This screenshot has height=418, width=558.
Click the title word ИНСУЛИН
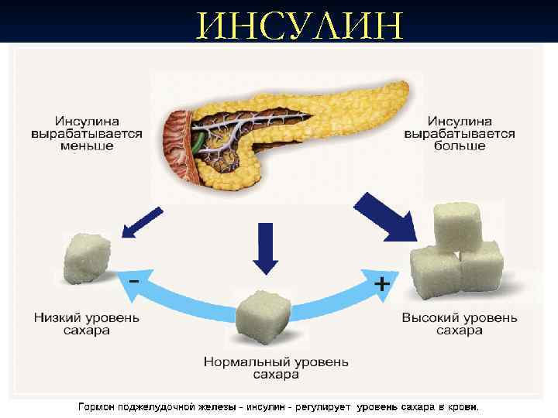301,25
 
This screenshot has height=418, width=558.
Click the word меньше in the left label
87,146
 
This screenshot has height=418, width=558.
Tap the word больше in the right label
460,146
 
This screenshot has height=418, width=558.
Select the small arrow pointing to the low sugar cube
142,223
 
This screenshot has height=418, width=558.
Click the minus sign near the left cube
135,280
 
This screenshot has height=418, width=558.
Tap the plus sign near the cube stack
382,284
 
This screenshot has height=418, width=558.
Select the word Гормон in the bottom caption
97,406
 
